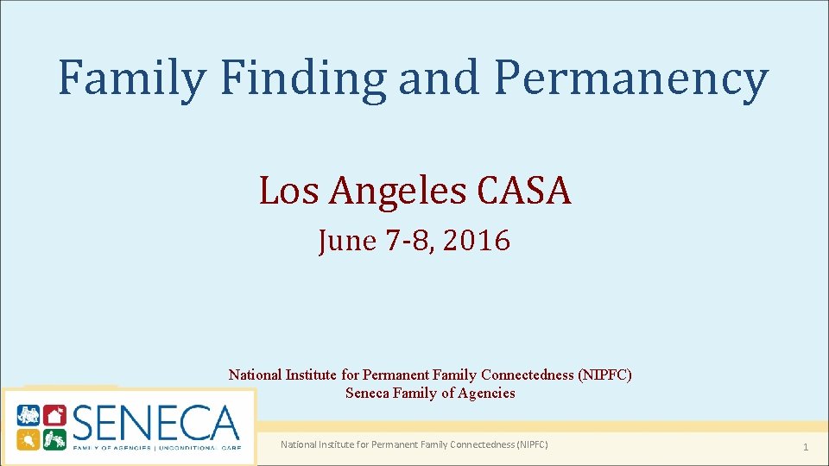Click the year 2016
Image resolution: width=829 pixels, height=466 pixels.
point(478,241)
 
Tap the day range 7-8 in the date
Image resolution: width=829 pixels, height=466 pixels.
point(409,241)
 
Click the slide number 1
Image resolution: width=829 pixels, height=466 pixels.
point(805,446)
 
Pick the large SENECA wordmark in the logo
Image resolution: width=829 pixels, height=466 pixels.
point(155,424)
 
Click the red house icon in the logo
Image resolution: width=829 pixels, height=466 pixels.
point(54,416)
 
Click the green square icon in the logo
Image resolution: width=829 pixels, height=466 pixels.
point(54,438)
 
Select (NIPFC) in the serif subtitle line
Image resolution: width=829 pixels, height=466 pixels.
point(604,375)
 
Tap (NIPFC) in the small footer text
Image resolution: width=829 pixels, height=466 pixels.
point(532,444)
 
